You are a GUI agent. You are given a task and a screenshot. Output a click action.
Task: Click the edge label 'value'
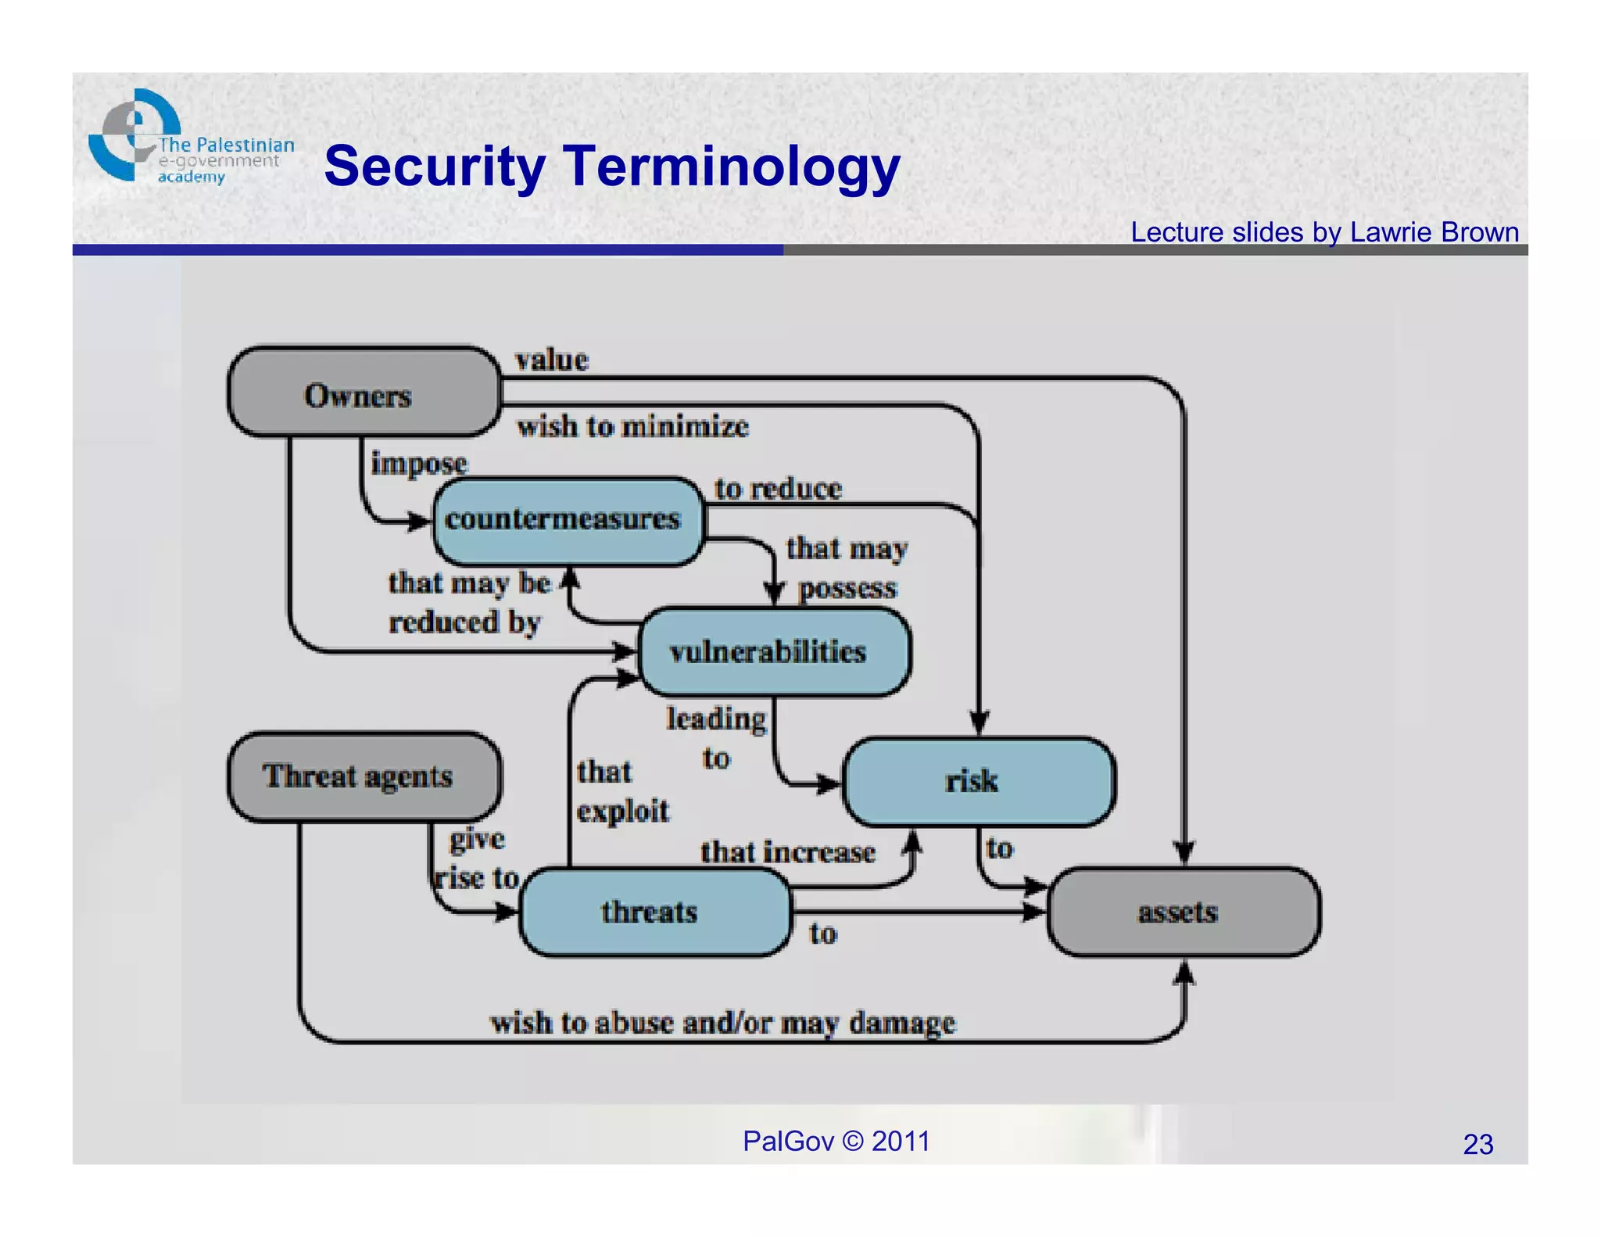551,360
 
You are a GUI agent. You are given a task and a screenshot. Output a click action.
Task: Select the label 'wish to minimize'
632,427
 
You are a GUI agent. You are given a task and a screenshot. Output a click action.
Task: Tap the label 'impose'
419,463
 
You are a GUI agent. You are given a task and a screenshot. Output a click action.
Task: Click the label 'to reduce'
778,489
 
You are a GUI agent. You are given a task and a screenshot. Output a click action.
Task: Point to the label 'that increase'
787,852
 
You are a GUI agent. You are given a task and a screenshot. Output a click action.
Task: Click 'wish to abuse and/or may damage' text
722,1023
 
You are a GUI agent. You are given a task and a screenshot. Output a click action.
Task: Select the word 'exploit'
623,811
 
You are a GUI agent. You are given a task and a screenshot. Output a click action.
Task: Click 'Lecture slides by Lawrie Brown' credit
1324,232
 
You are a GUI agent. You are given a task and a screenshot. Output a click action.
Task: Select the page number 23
1477,1144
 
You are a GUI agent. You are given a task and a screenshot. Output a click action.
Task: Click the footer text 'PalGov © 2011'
836,1141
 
